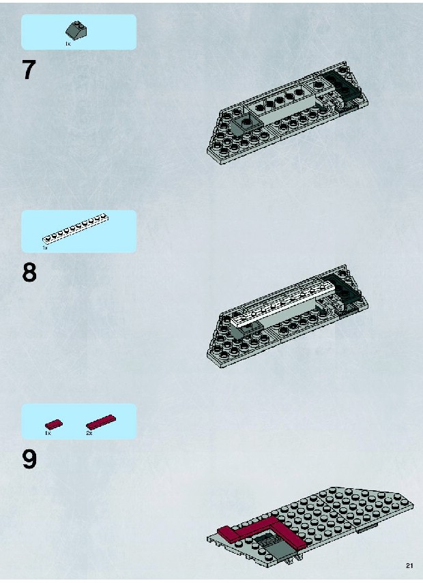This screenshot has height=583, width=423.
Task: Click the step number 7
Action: coord(29,70)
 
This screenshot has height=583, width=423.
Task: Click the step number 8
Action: coord(29,273)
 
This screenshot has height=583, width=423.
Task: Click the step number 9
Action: coord(29,460)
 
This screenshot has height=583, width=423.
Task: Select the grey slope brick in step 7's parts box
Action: coord(76,30)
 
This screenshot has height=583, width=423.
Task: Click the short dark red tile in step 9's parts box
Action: coord(54,423)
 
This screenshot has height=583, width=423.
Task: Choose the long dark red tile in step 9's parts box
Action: coord(101,422)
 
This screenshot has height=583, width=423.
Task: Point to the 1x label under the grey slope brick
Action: coord(68,44)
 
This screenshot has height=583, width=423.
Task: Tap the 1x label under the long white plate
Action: coord(44,248)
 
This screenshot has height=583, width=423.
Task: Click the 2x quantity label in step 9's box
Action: coord(89,433)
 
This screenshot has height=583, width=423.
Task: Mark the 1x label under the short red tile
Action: coord(48,433)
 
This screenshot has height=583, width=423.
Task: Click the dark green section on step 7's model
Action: coord(343,85)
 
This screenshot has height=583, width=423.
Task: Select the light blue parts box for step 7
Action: coord(79,32)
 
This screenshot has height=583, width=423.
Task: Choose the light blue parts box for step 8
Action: coord(79,231)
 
